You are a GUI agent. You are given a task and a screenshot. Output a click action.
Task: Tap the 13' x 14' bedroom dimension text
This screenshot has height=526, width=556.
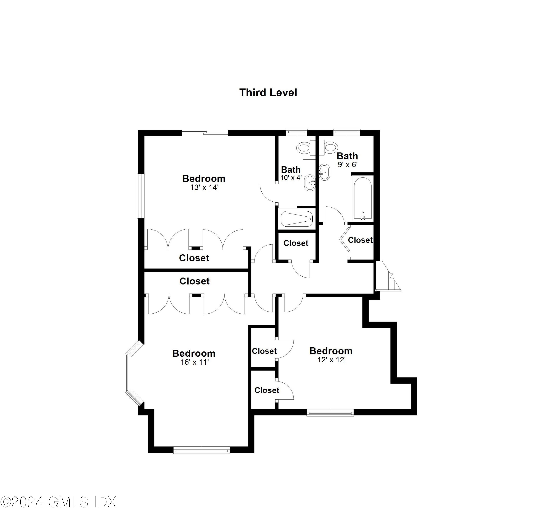(x=204, y=187)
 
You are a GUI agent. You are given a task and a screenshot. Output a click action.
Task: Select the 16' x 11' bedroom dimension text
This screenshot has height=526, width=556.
(x=194, y=362)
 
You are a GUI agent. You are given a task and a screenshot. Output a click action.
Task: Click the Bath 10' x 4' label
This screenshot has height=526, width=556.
(x=291, y=173)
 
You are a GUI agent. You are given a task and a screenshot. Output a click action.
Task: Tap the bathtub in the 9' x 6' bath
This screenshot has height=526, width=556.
(x=363, y=198)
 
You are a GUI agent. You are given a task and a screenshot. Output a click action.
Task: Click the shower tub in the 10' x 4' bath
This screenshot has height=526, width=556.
(x=296, y=219)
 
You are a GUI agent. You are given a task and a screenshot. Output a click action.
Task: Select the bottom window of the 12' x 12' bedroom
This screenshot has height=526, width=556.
(x=330, y=412)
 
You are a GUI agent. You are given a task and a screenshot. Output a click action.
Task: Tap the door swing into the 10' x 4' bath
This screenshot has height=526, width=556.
(x=268, y=192)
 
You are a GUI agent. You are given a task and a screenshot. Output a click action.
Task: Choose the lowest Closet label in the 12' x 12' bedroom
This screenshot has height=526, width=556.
(x=267, y=390)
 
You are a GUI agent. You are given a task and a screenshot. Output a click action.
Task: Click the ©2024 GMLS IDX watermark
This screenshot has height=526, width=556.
(x=58, y=502)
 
